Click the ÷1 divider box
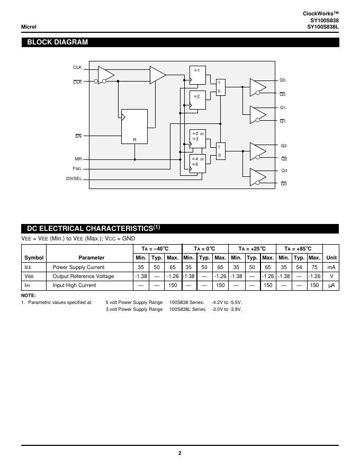point(197,75)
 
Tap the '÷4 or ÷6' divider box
point(197,164)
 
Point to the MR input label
point(78,159)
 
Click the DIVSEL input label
point(74,178)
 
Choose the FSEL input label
point(77,168)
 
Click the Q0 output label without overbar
point(283,80)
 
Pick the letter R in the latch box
point(134,140)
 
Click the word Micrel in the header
point(29,26)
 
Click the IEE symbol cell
point(29,267)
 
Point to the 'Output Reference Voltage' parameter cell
point(83,276)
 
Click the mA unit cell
point(331,267)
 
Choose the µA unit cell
point(331,285)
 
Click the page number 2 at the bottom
point(179,453)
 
